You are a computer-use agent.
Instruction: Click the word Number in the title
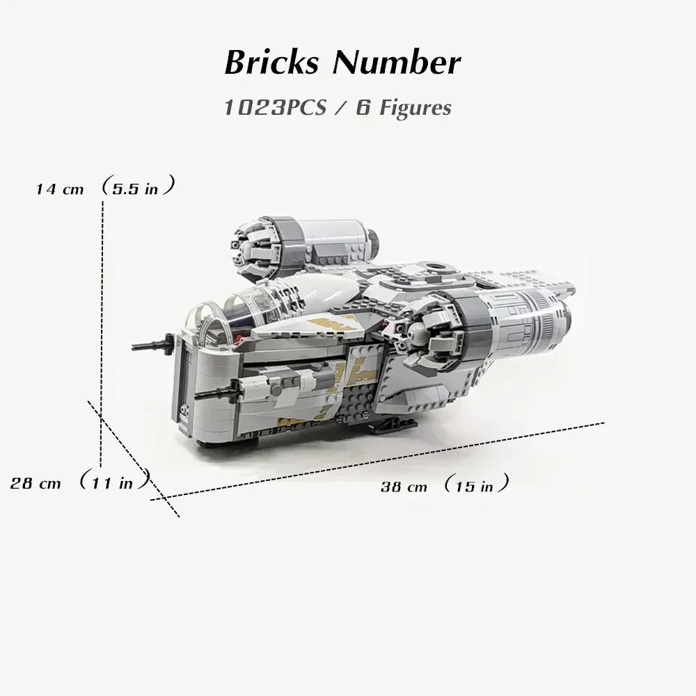[396, 63]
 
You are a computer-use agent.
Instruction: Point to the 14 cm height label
[61, 189]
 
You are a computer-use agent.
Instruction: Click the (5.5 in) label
[136, 188]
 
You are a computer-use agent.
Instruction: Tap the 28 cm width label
[35, 482]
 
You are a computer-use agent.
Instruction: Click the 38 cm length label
[404, 487]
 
